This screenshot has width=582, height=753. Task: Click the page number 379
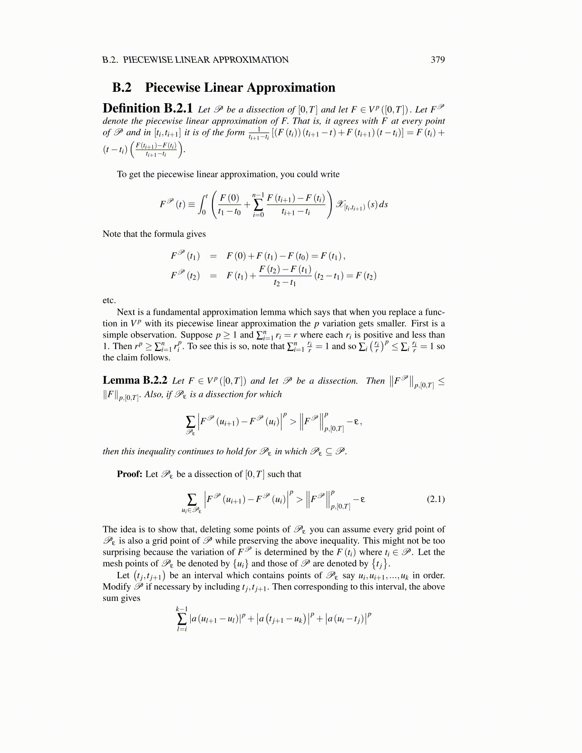coord(437,60)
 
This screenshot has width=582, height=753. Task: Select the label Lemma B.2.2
coord(135,380)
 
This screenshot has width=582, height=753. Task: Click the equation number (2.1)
coord(436,499)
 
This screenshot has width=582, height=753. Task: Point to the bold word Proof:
coord(129,474)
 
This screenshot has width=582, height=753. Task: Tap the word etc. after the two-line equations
coord(109,300)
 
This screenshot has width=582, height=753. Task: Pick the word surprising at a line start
coord(121,552)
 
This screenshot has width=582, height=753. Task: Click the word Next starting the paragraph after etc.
coord(126,312)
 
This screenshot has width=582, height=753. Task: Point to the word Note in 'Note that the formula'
coord(112,234)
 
